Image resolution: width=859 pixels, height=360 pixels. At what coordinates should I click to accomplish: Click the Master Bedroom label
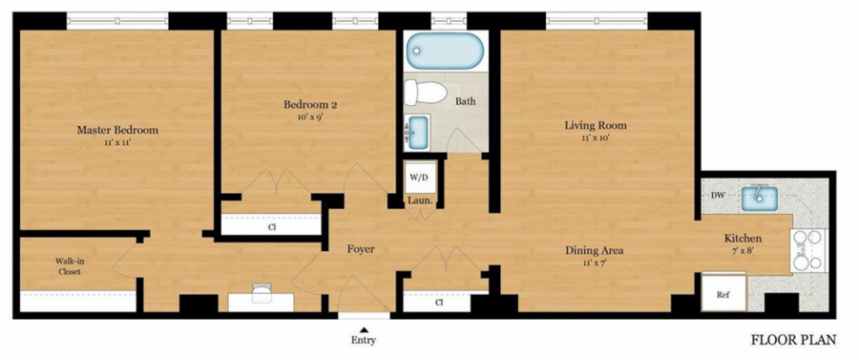[117, 131]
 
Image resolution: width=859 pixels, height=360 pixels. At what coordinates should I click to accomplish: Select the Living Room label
[596, 126]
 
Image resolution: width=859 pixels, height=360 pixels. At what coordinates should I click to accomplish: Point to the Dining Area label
[595, 251]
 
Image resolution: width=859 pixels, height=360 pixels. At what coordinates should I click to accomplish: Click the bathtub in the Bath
[446, 51]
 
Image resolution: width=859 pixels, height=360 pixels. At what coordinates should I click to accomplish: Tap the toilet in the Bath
[425, 93]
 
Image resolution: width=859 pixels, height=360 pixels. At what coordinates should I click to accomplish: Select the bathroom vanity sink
[418, 132]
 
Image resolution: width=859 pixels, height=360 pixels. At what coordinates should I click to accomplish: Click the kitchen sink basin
[760, 199]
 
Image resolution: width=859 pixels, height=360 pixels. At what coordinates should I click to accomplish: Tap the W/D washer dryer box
[421, 177]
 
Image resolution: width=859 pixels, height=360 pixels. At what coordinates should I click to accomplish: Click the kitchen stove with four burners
[808, 250]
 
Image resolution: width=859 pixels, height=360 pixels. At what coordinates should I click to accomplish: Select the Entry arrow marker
[364, 328]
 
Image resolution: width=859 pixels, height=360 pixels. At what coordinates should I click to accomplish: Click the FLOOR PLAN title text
[793, 341]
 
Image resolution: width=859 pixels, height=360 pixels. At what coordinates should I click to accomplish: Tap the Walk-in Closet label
[69, 265]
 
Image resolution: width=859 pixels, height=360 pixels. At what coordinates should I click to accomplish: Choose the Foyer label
[361, 249]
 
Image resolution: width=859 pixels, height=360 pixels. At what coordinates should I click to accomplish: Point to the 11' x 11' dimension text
[117, 142]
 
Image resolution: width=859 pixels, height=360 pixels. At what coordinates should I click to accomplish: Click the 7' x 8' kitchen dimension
[743, 250]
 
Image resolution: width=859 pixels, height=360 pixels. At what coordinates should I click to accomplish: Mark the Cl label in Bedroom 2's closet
[271, 226]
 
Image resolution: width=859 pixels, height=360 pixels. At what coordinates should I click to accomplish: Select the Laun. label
[420, 201]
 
